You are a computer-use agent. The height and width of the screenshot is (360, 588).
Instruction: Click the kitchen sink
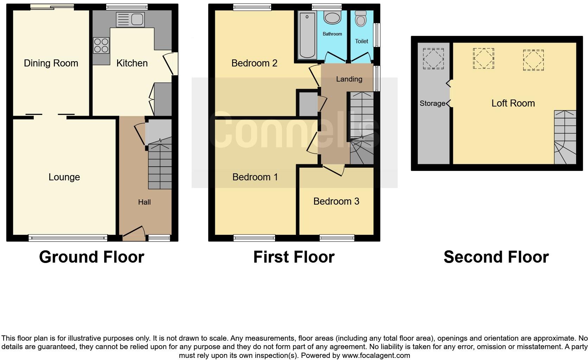click(130, 19)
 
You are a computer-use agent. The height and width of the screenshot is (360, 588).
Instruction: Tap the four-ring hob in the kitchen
click(101, 46)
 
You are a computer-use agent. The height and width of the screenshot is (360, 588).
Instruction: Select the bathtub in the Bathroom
click(307, 35)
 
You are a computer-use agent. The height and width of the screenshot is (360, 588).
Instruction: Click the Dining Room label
click(51, 63)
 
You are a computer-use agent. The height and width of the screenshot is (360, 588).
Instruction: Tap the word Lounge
click(64, 177)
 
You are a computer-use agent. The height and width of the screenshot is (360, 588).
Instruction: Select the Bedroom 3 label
click(336, 201)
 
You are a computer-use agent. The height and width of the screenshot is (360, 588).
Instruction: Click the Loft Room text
click(513, 103)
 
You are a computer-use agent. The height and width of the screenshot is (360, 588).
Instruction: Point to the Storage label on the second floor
click(432, 103)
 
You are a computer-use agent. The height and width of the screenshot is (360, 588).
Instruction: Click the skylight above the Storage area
click(433, 58)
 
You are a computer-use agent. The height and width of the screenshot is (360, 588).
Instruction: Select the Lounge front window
click(68, 238)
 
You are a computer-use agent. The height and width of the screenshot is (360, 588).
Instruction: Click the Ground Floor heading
click(91, 257)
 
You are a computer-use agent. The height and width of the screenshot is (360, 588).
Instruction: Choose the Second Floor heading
click(496, 257)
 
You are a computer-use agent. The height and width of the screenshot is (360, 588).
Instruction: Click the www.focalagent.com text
click(376, 355)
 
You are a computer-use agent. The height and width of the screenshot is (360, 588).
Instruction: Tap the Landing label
click(349, 79)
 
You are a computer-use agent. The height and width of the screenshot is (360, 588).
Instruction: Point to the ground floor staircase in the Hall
click(160, 167)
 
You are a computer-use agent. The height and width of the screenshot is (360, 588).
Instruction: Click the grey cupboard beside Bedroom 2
click(308, 104)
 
